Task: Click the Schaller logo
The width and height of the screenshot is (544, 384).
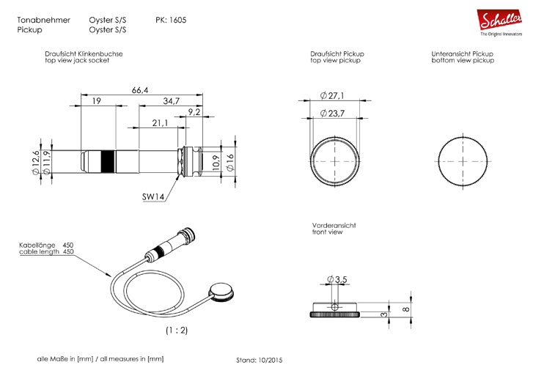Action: tap(499, 22)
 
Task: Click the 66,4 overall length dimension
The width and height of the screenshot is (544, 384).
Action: tap(140, 91)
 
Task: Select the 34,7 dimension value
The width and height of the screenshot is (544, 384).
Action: tap(172, 101)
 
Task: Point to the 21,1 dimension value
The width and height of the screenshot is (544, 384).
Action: tap(160, 123)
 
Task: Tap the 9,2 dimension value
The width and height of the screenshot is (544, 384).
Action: tap(194, 112)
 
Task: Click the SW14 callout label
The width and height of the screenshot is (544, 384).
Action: tap(153, 196)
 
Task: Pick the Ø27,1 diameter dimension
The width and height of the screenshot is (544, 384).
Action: tap(331, 95)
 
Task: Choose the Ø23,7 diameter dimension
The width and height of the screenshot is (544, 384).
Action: tap(332, 113)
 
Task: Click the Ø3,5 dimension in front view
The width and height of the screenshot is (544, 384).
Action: tap(337, 279)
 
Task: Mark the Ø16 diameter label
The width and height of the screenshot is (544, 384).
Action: tap(230, 162)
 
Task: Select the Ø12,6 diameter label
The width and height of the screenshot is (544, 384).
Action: tap(36, 163)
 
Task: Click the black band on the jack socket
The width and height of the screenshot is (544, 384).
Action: tap(108, 162)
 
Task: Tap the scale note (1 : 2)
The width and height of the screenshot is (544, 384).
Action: tap(177, 330)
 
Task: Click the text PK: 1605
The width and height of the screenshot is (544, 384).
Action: tap(171, 20)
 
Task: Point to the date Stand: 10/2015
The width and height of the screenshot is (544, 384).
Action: tap(259, 361)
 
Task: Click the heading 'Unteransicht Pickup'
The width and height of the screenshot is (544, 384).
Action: tap(462, 53)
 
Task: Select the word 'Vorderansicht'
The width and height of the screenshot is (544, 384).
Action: tap(334, 226)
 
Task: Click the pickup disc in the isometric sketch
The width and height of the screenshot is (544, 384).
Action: tap(221, 292)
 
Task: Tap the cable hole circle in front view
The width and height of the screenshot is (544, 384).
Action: tap(334, 307)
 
